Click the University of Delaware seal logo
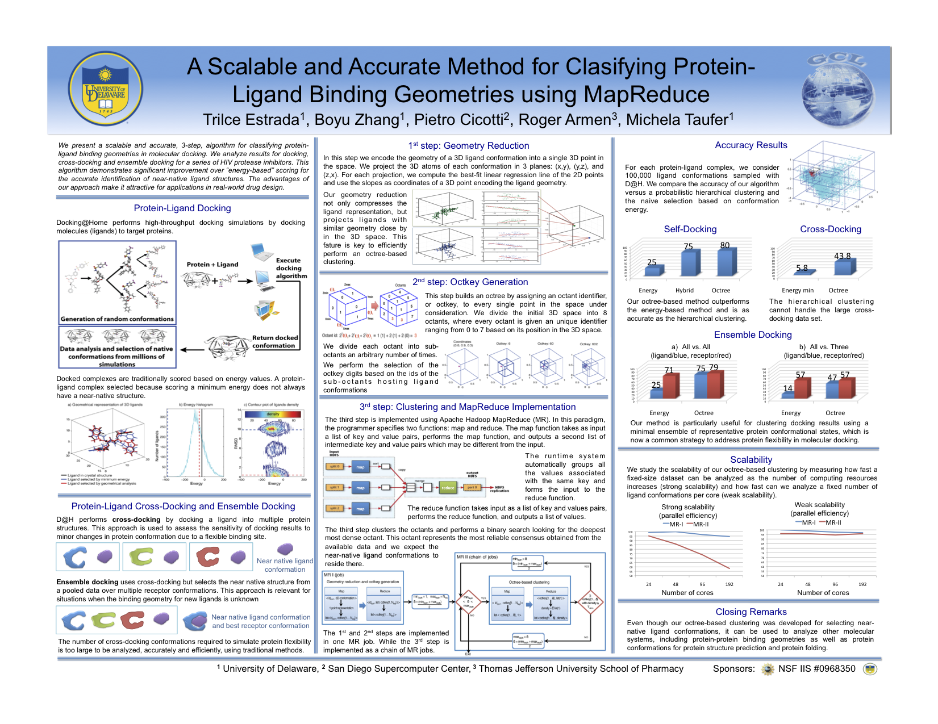(x=105, y=89)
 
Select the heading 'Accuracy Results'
(x=751, y=145)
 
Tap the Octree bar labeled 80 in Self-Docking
(x=725, y=262)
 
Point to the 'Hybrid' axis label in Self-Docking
(x=684, y=290)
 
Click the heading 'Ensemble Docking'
(x=752, y=335)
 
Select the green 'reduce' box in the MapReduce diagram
(x=448, y=487)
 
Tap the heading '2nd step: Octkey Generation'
(x=470, y=282)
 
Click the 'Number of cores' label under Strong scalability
(x=687, y=593)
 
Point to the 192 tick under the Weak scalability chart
(x=862, y=584)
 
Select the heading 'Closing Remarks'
(x=751, y=612)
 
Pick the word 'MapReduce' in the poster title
(x=646, y=94)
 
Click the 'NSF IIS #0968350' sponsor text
(x=816, y=669)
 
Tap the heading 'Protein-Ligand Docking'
(x=182, y=208)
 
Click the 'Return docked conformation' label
(x=274, y=341)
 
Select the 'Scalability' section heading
(x=751, y=460)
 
